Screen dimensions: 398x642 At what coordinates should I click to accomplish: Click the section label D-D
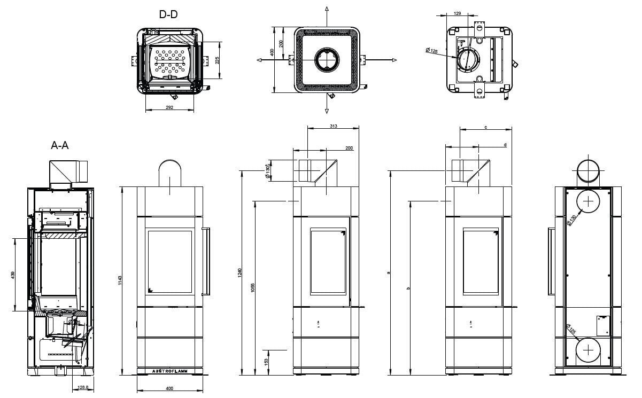(x=168, y=14)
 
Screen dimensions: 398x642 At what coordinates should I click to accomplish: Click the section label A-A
(x=60, y=145)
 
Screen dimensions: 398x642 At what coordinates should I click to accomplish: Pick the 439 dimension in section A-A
(x=13, y=275)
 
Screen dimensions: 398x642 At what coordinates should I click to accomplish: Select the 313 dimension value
(x=334, y=126)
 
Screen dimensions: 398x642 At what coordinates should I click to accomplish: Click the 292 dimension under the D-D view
(x=169, y=108)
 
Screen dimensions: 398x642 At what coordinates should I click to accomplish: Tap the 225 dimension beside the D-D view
(x=218, y=60)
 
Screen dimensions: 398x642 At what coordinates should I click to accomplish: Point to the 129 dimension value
(x=458, y=13)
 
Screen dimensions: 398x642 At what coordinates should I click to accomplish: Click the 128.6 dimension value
(x=83, y=387)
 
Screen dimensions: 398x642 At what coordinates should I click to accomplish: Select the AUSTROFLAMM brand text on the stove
(x=169, y=370)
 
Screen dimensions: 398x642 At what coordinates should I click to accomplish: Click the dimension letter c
(x=485, y=127)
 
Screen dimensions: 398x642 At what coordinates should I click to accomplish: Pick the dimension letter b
(x=408, y=288)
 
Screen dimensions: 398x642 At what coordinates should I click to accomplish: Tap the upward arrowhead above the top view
(x=327, y=10)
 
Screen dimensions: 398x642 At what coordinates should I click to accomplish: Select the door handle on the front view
(x=205, y=261)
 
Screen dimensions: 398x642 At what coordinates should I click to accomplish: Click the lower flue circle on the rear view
(x=588, y=350)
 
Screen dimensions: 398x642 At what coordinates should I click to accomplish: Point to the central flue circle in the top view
(x=327, y=60)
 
